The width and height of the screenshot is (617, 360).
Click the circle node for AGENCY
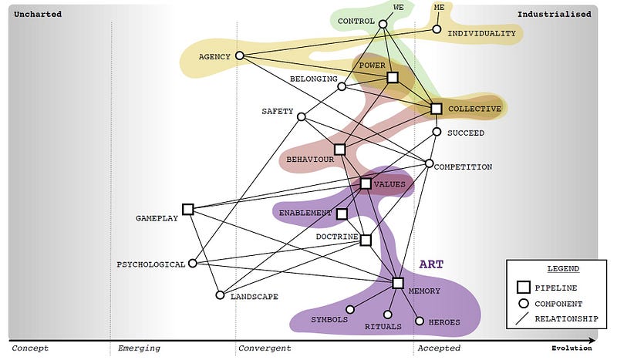click(239, 56)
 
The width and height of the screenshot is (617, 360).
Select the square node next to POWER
click(393, 77)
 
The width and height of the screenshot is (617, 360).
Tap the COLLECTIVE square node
click(436, 109)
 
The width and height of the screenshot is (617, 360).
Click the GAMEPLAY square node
click(187, 209)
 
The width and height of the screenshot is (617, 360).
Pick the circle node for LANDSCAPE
click(220, 294)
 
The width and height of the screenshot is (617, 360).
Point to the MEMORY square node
click(398, 283)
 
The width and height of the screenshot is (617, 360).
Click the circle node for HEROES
click(420, 321)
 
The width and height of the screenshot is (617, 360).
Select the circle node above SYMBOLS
click(350, 309)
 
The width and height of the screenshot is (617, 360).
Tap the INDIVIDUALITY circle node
click(437, 30)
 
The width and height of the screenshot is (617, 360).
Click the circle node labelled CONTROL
click(383, 24)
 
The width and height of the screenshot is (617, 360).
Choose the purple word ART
click(431, 264)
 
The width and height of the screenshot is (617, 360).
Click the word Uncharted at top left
click(38, 14)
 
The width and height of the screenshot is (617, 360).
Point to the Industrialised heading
click(554, 14)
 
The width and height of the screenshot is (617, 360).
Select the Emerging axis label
click(139, 348)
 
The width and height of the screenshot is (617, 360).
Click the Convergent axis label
click(265, 348)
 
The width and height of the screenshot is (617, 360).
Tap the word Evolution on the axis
click(571, 348)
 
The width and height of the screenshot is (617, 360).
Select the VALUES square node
click(366, 183)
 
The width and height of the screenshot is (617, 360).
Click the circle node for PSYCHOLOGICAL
click(193, 263)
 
